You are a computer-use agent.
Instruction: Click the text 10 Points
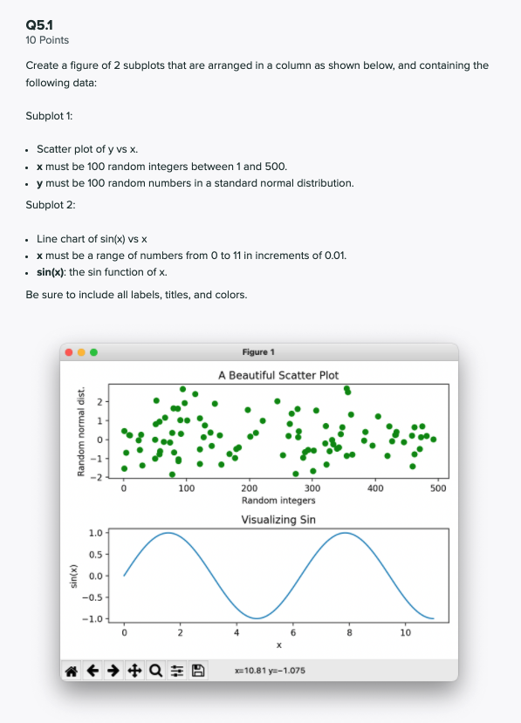tap(48, 40)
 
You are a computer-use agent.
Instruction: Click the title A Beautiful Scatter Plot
tap(278, 375)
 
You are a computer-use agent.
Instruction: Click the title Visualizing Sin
tap(278, 520)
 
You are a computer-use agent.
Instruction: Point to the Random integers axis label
tap(278, 501)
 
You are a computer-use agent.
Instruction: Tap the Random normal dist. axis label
tap(80, 433)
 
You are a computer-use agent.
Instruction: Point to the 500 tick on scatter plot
tap(438, 488)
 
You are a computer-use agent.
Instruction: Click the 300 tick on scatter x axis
tap(312, 488)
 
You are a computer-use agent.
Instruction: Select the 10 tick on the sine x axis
tap(405, 633)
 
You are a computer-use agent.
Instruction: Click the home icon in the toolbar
tap(72, 671)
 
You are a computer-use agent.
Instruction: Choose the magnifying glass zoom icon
tap(155, 671)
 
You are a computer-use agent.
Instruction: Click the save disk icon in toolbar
tap(197, 671)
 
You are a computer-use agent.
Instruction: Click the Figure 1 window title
tap(258, 352)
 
